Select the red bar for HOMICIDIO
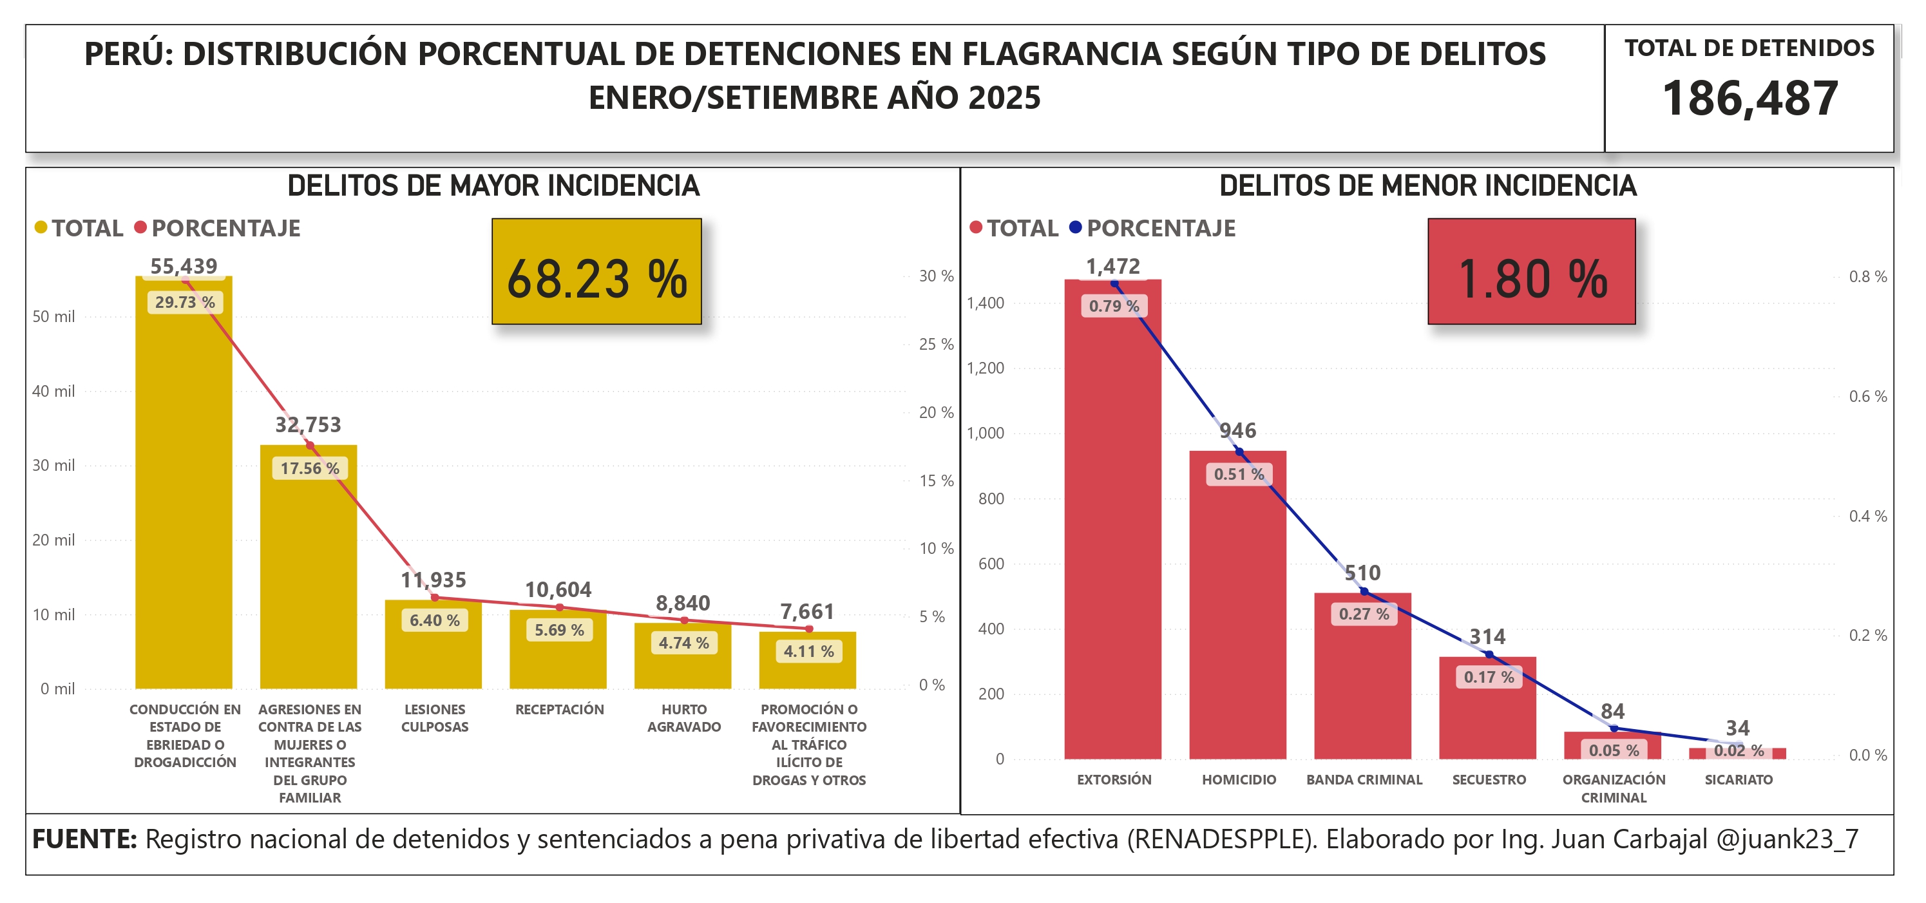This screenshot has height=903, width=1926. point(1237,613)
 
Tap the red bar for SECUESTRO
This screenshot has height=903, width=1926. point(1487,718)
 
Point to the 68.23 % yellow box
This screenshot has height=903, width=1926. point(596,271)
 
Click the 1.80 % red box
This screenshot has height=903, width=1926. point(1531,271)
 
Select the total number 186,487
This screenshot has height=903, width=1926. point(1750,98)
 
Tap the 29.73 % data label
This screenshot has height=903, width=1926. point(185,302)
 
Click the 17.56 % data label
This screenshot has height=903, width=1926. point(310,468)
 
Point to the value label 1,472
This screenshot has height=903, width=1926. point(1112,266)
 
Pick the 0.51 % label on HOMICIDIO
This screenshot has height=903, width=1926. point(1239,474)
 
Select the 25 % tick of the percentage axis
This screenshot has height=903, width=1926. point(936,344)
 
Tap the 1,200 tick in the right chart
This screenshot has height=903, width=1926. point(985,368)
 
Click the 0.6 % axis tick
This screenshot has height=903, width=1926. point(1867,396)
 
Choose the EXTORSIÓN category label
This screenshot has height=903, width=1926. point(1114,780)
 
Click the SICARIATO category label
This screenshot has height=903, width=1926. point(1739,780)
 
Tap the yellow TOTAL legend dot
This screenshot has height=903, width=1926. point(41,227)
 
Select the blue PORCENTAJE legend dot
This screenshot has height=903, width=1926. point(1075,227)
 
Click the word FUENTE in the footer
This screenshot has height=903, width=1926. point(84,839)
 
